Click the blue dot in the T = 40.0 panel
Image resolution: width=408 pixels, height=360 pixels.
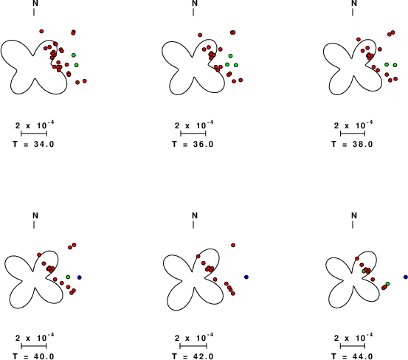[x=80, y=277]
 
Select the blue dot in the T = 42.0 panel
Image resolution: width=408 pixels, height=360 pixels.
[x=246, y=277]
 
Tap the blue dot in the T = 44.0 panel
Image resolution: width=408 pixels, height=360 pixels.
[x=406, y=277]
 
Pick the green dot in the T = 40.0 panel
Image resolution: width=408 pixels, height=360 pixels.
[x=68, y=277]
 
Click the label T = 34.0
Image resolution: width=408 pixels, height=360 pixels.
[x=33, y=144]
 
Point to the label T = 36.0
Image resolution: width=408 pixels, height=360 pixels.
[x=193, y=144]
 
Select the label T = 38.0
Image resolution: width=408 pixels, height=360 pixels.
[x=353, y=144]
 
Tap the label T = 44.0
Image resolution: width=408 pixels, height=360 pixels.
[x=353, y=356]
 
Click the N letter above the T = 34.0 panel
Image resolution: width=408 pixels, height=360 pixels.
[x=35, y=3]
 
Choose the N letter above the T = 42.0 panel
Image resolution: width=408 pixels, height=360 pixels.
[x=195, y=215]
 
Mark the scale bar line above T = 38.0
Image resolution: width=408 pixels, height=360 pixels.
[x=353, y=134]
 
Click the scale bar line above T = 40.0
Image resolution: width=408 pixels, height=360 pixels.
[x=33, y=346]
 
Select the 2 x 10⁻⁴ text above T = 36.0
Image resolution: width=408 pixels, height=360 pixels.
[x=194, y=125]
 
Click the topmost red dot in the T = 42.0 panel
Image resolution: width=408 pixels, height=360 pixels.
[x=233, y=245]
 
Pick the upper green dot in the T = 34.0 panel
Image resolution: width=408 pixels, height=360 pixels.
[x=74, y=55]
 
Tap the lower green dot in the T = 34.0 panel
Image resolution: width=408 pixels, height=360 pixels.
[x=76, y=65]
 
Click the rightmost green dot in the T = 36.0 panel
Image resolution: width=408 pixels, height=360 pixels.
[x=236, y=65]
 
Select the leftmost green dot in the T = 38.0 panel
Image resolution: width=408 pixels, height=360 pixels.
[x=387, y=64]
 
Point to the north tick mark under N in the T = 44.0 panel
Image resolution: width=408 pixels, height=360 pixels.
[x=353, y=224]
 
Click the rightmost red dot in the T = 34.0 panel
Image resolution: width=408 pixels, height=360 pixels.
[x=85, y=81]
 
